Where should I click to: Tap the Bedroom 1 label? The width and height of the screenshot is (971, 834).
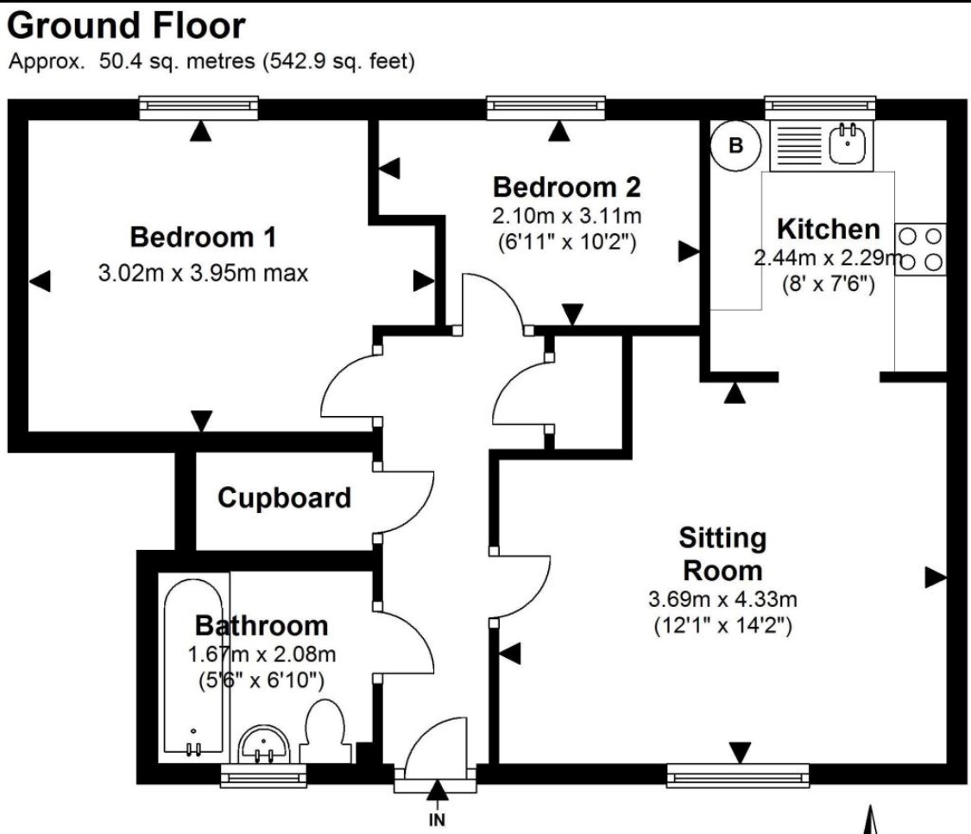(x=203, y=236)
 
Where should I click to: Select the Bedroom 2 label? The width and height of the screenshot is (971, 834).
(x=567, y=186)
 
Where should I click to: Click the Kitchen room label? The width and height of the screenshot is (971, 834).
(x=829, y=230)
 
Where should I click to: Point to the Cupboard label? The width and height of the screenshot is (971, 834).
(x=284, y=498)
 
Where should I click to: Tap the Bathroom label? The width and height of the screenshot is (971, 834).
(x=262, y=625)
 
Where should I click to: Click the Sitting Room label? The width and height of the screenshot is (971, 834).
(x=722, y=554)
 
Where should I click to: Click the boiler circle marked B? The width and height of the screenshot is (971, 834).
(x=735, y=146)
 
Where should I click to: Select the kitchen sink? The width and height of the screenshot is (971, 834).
(x=848, y=144)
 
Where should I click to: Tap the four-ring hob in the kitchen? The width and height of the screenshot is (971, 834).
(x=921, y=250)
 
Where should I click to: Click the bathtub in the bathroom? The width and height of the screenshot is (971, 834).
(x=194, y=665)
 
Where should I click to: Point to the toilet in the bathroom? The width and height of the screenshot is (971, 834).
(x=325, y=730)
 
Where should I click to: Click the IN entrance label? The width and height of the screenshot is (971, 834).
(x=438, y=821)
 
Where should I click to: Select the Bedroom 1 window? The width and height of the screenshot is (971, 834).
(x=199, y=107)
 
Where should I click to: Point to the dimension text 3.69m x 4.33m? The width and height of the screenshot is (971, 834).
(x=722, y=599)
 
